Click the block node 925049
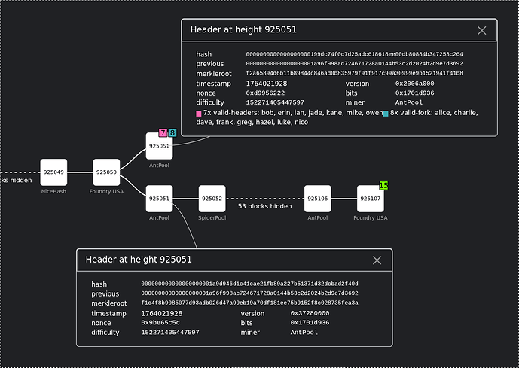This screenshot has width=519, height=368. (53, 172)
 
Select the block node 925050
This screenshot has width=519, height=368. (106, 172)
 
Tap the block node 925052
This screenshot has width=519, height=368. (212, 199)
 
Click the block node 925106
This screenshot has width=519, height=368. (317, 199)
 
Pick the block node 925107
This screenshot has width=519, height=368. (371, 199)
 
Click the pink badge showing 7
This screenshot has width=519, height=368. (163, 132)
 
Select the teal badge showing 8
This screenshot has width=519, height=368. (172, 132)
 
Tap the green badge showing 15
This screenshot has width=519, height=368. (383, 185)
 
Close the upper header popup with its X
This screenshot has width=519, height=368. (482, 30)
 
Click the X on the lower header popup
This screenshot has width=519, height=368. (377, 260)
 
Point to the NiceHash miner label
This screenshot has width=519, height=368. (53, 192)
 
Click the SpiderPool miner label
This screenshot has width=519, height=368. (212, 218)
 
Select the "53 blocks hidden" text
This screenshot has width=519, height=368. (264, 205)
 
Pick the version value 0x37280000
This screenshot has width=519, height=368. (310, 312)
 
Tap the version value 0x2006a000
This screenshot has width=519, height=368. (414, 83)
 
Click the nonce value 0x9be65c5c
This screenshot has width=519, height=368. (160, 322)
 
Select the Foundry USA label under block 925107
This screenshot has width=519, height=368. (371, 218)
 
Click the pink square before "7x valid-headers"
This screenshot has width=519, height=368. (198, 114)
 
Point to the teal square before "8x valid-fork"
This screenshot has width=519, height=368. (386, 114)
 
